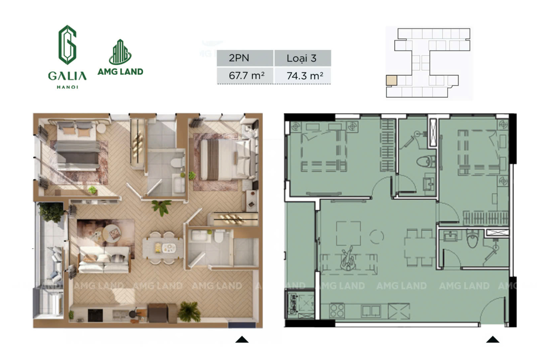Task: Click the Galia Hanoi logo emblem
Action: click(x=67, y=45)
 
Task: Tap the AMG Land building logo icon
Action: click(x=120, y=52)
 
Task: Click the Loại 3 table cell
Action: click(x=302, y=58)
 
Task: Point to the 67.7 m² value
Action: click(x=246, y=75)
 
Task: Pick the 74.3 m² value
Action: click(x=305, y=75)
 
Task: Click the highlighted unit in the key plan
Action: click(x=392, y=80)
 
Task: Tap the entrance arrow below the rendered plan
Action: click(x=242, y=339)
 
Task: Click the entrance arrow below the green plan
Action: click(x=493, y=339)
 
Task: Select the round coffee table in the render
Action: click(x=112, y=233)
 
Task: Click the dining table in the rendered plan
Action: click(x=163, y=248)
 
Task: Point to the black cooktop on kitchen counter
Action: click(x=95, y=316)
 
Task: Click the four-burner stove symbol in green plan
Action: click(x=337, y=311)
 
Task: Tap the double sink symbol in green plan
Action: click(x=370, y=311)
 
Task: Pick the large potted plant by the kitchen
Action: click(x=190, y=311)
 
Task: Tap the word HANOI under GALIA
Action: click(x=67, y=87)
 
